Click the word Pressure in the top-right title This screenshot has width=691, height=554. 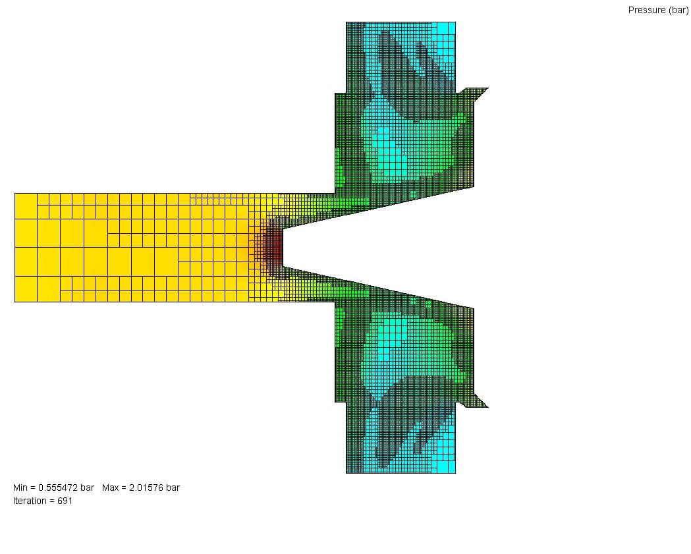647,10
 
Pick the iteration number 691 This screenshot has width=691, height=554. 65,501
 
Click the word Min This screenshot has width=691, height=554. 20,487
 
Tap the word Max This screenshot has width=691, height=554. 110,487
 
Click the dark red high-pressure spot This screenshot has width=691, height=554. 274,248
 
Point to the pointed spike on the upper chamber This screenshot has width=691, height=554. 488,88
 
